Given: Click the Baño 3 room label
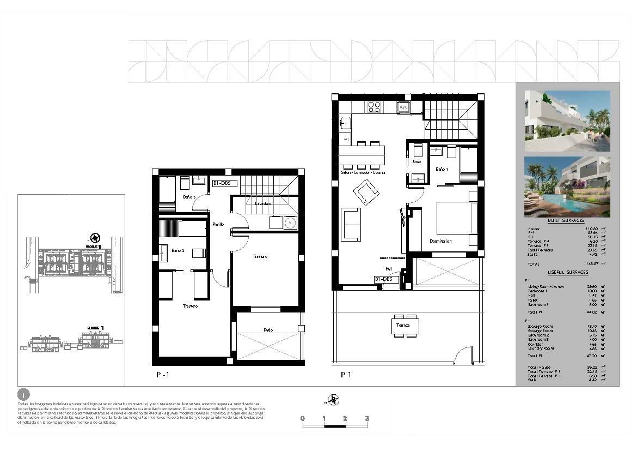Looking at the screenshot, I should pyautogui.click(x=189, y=196).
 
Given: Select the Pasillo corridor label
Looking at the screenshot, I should pyautogui.click(x=218, y=224).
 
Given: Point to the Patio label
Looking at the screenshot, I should pyautogui.click(x=268, y=330).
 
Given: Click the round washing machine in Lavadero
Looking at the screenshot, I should pyautogui.click(x=290, y=223).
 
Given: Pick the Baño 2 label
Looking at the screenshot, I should pyautogui.click(x=178, y=250).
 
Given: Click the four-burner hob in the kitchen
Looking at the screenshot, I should pyautogui.click(x=374, y=107).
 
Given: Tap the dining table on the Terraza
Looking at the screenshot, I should pyautogui.click(x=405, y=326).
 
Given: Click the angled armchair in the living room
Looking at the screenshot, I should pyautogui.click(x=366, y=193).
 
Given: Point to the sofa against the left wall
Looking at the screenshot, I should pyautogui.click(x=351, y=224).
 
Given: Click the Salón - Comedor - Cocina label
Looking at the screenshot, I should pyautogui.click(x=363, y=172).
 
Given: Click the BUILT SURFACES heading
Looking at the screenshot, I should pyautogui.click(x=566, y=221).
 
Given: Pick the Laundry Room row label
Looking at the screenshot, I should pyautogui.click(x=540, y=348).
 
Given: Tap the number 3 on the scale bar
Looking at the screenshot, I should pyautogui.click(x=367, y=418).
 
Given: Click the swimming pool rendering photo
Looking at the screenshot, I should pyautogui.click(x=567, y=187).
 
